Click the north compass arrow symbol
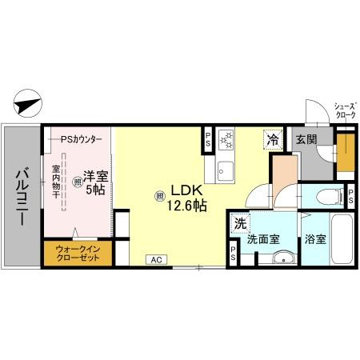pos(28,103)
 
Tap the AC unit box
pos(157,259)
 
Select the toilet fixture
pos(330,197)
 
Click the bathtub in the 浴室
pos(342,238)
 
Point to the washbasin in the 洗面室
pos(283,258)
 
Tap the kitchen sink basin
pos(226,171)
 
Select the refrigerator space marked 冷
pos(273,139)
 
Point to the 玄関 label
pos(306,139)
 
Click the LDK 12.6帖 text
pos(186,198)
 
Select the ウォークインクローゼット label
pos(78,254)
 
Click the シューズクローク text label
pos(346,111)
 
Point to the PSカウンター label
pos(81,139)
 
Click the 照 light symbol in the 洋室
pos(78,182)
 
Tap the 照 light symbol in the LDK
pos(159,197)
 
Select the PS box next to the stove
pos(208,139)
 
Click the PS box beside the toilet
pos(350,196)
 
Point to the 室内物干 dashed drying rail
pos(64,182)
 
